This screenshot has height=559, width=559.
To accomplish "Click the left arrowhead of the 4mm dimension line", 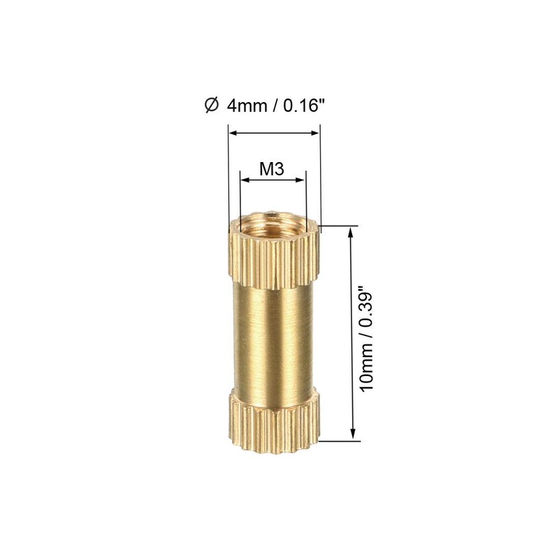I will coord(233,131).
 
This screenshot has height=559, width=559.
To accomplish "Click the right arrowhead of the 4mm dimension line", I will coord(315,131).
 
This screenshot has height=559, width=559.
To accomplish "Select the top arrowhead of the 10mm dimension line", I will coord(352,231).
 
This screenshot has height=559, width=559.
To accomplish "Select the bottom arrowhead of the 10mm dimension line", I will coord(352,436).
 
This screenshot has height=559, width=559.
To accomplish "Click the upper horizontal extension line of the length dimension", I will coord(342,226).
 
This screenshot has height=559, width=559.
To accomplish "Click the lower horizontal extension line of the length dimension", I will coord(342,441).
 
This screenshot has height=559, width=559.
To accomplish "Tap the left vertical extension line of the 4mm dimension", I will coord(228,175).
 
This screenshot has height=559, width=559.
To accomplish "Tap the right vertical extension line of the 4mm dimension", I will coord(319,175).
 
